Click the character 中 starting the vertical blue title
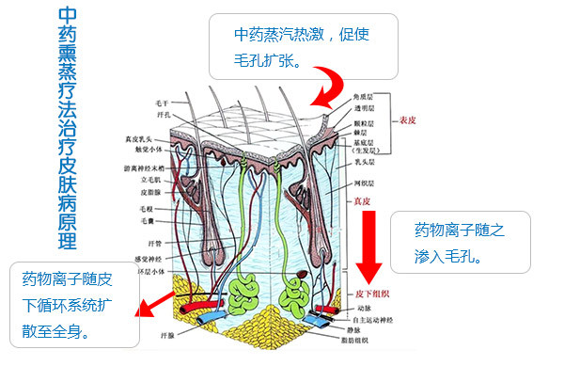click(x=67, y=17)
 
